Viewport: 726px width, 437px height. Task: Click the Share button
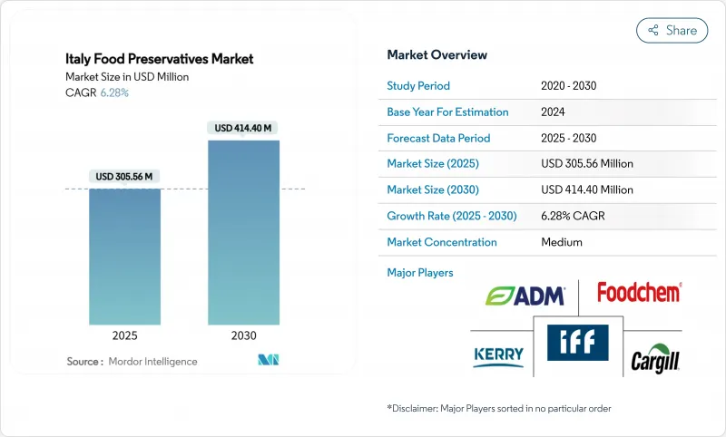pos(672,30)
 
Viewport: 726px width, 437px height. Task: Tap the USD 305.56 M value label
pos(124,176)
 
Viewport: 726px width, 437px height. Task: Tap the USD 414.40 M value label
pos(243,128)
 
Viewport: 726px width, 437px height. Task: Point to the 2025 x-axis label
pos(124,335)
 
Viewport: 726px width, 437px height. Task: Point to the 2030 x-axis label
pos(243,335)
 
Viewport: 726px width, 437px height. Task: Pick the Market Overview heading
pos(437,54)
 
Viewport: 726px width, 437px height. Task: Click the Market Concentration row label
pos(442,242)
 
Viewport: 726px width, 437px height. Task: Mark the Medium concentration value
pos(561,242)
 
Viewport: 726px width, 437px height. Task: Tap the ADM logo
pos(525,296)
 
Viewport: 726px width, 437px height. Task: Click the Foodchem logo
pos(639,292)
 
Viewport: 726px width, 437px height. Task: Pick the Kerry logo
pos(498,355)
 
